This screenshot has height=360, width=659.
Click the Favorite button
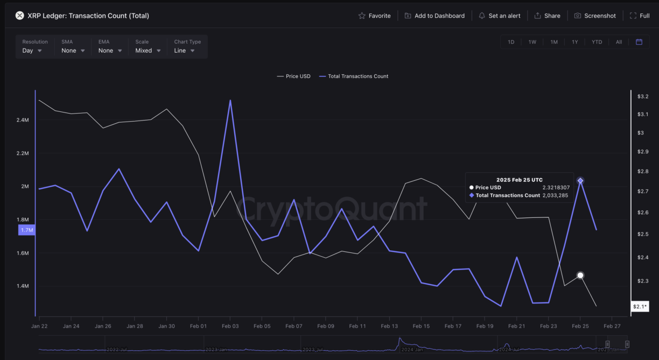coord(375,16)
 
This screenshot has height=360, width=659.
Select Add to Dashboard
coord(434,16)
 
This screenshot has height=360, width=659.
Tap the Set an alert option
coord(500,16)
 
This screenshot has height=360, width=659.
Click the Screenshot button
coord(595,16)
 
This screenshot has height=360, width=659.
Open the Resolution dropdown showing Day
coord(32,51)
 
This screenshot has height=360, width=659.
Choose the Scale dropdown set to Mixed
coord(148,51)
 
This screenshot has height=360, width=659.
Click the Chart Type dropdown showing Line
coord(184,51)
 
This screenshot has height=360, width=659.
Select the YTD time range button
coord(597,42)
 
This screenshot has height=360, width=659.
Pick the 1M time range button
coord(554,42)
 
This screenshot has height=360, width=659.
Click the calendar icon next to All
coord(639,42)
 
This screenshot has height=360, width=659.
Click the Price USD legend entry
coord(293,76)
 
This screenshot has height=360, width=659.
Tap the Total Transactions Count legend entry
coord(354,76)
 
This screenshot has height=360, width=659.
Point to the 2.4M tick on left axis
coord(23,120)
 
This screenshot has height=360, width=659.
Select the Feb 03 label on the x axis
coord(230,326)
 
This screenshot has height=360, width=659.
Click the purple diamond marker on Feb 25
coord(580,181)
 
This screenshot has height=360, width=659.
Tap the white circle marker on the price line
coord(580,276)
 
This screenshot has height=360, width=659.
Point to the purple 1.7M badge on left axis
coord(26,230)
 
